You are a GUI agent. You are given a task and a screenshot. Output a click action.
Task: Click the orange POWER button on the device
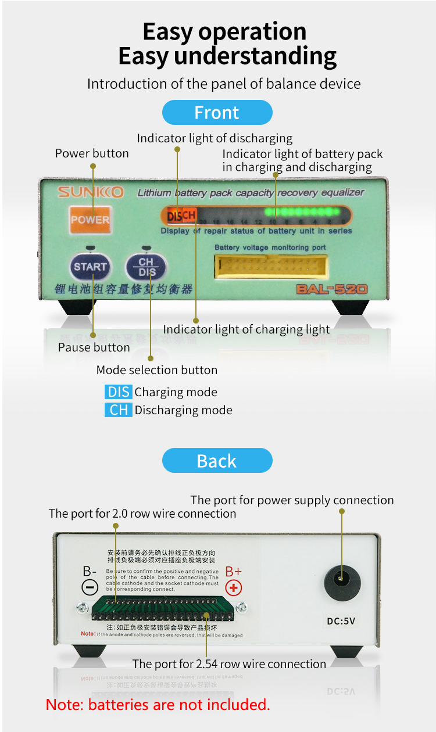[90, 220]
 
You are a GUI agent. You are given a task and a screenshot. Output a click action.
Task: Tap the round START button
[90, 267]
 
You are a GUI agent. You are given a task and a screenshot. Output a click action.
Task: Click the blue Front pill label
[217, 112]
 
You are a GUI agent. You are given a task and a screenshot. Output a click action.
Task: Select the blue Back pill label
[217, 461]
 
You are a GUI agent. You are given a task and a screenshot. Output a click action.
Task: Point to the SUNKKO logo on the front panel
[90, 192]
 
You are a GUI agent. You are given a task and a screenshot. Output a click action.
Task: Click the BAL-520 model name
[332, 289]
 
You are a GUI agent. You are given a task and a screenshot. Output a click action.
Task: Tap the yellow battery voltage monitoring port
[270, 268]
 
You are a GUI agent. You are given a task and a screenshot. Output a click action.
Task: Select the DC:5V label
[341, 621]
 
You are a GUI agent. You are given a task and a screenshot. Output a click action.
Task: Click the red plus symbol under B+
[234, 588]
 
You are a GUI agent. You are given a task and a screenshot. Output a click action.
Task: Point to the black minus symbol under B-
[90, 587]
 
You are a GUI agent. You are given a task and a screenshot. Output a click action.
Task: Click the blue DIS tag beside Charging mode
[119, 392]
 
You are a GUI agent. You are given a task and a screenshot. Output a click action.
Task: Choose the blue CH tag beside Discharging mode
[119, 410]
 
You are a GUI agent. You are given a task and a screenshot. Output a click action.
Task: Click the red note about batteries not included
[158, 705]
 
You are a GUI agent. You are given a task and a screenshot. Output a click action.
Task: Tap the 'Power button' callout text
[92, 153]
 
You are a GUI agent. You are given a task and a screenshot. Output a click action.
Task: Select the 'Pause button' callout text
[94, 347]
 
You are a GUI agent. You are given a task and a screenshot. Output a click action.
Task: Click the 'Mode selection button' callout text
[157, 370]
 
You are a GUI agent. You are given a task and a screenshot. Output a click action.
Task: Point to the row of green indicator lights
[302, 211]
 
